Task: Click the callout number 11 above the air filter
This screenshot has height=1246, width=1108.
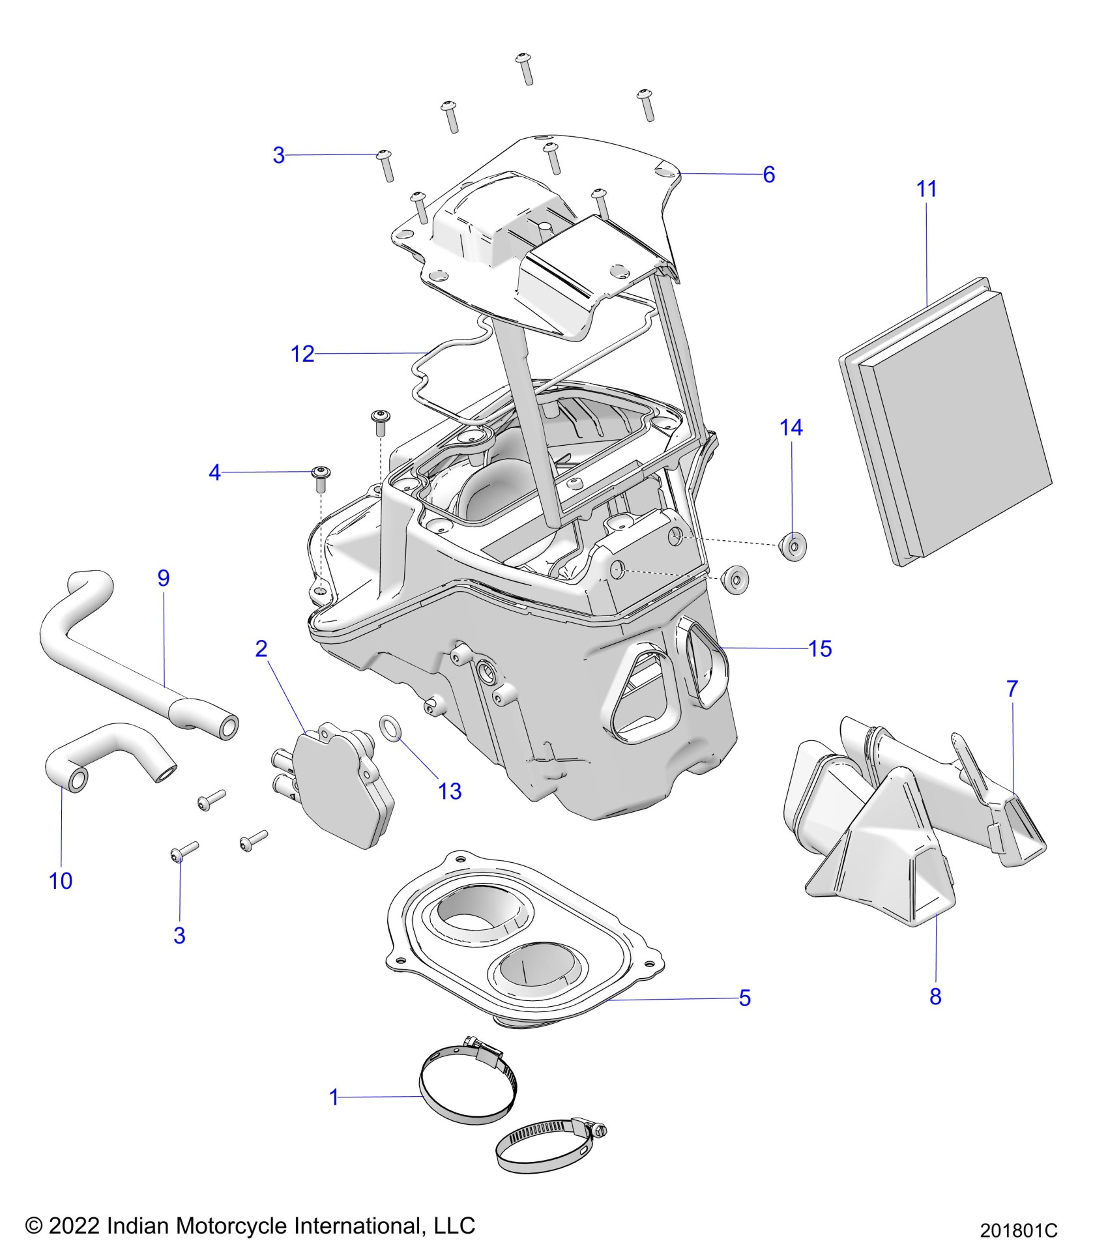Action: coord(926,189)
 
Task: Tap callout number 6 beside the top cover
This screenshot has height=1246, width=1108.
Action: coord(768,175)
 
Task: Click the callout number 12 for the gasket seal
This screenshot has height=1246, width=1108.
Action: coord(302,354)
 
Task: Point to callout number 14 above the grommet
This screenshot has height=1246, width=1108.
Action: coord(791,427)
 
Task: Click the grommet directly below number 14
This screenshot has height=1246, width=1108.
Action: coord(792,545)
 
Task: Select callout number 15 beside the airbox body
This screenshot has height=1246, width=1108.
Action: coord(820,648)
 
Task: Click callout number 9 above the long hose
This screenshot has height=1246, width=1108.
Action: coord(164,577)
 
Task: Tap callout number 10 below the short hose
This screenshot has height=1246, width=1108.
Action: coord(61,881)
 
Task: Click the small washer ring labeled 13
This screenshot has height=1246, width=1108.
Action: coord(390,728)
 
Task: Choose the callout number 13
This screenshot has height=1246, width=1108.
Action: coord(450,791)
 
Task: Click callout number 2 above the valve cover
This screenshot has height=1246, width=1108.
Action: coord(261,648)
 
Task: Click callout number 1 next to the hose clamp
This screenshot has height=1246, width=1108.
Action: coord(334,1097)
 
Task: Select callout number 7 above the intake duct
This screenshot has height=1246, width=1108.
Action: coord(1012,689)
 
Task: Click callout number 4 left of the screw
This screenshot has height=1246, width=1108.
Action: coord(214,472)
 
